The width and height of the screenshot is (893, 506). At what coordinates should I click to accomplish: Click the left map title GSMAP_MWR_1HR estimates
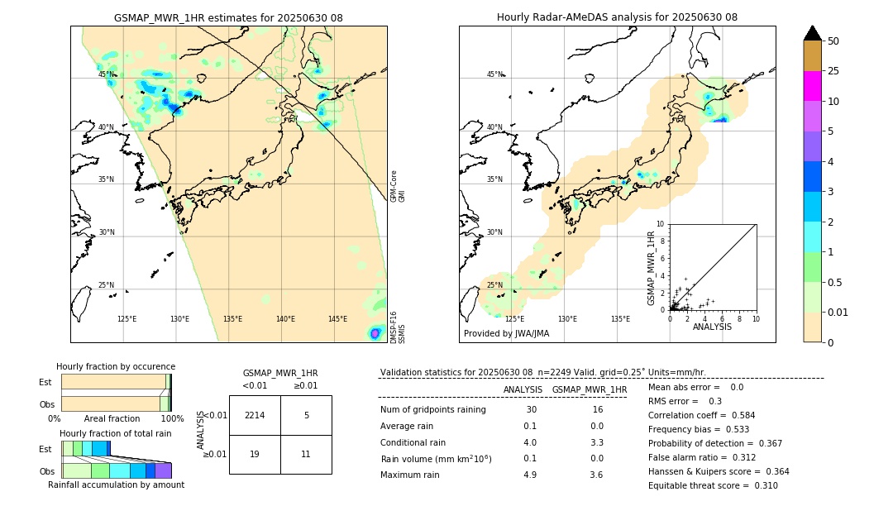[x=228, y=17]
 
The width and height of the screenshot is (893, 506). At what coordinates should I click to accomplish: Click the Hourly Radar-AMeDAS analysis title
[x=617, y=17]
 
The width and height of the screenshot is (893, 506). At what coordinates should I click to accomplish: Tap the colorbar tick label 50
[x=833, y=41]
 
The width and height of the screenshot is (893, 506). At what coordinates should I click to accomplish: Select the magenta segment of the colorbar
[x=813, y=86]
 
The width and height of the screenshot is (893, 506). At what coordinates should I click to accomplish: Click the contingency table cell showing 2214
[x=255, y=415]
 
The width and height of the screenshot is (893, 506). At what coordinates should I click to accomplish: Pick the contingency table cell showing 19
[x=255, y=454]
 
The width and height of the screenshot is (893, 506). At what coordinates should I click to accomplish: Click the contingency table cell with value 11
[x=306, y=454]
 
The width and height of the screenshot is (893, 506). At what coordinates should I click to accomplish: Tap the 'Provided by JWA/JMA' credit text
[x=506, y=334]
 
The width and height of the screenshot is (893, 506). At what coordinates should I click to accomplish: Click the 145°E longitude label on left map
[x=337, y=319]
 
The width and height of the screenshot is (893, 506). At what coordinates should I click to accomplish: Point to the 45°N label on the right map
[x=494, y=74]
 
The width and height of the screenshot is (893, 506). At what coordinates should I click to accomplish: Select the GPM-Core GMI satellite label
[x=398, y=186]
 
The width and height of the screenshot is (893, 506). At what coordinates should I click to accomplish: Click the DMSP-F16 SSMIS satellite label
[x=398, y=327]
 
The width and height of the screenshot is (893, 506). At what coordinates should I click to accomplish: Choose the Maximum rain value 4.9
[x=530, y=475]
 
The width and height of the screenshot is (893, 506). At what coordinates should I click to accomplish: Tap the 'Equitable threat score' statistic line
[x=713, y=485]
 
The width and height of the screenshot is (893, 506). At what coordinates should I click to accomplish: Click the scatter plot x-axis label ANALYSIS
[x=712, y=327]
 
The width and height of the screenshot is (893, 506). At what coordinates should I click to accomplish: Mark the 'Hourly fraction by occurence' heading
[x=116, y=366]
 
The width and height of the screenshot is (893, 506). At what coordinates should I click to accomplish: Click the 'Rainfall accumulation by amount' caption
[x=116, y=485]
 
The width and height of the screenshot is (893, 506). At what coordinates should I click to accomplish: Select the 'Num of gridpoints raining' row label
[x=433, y=410]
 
